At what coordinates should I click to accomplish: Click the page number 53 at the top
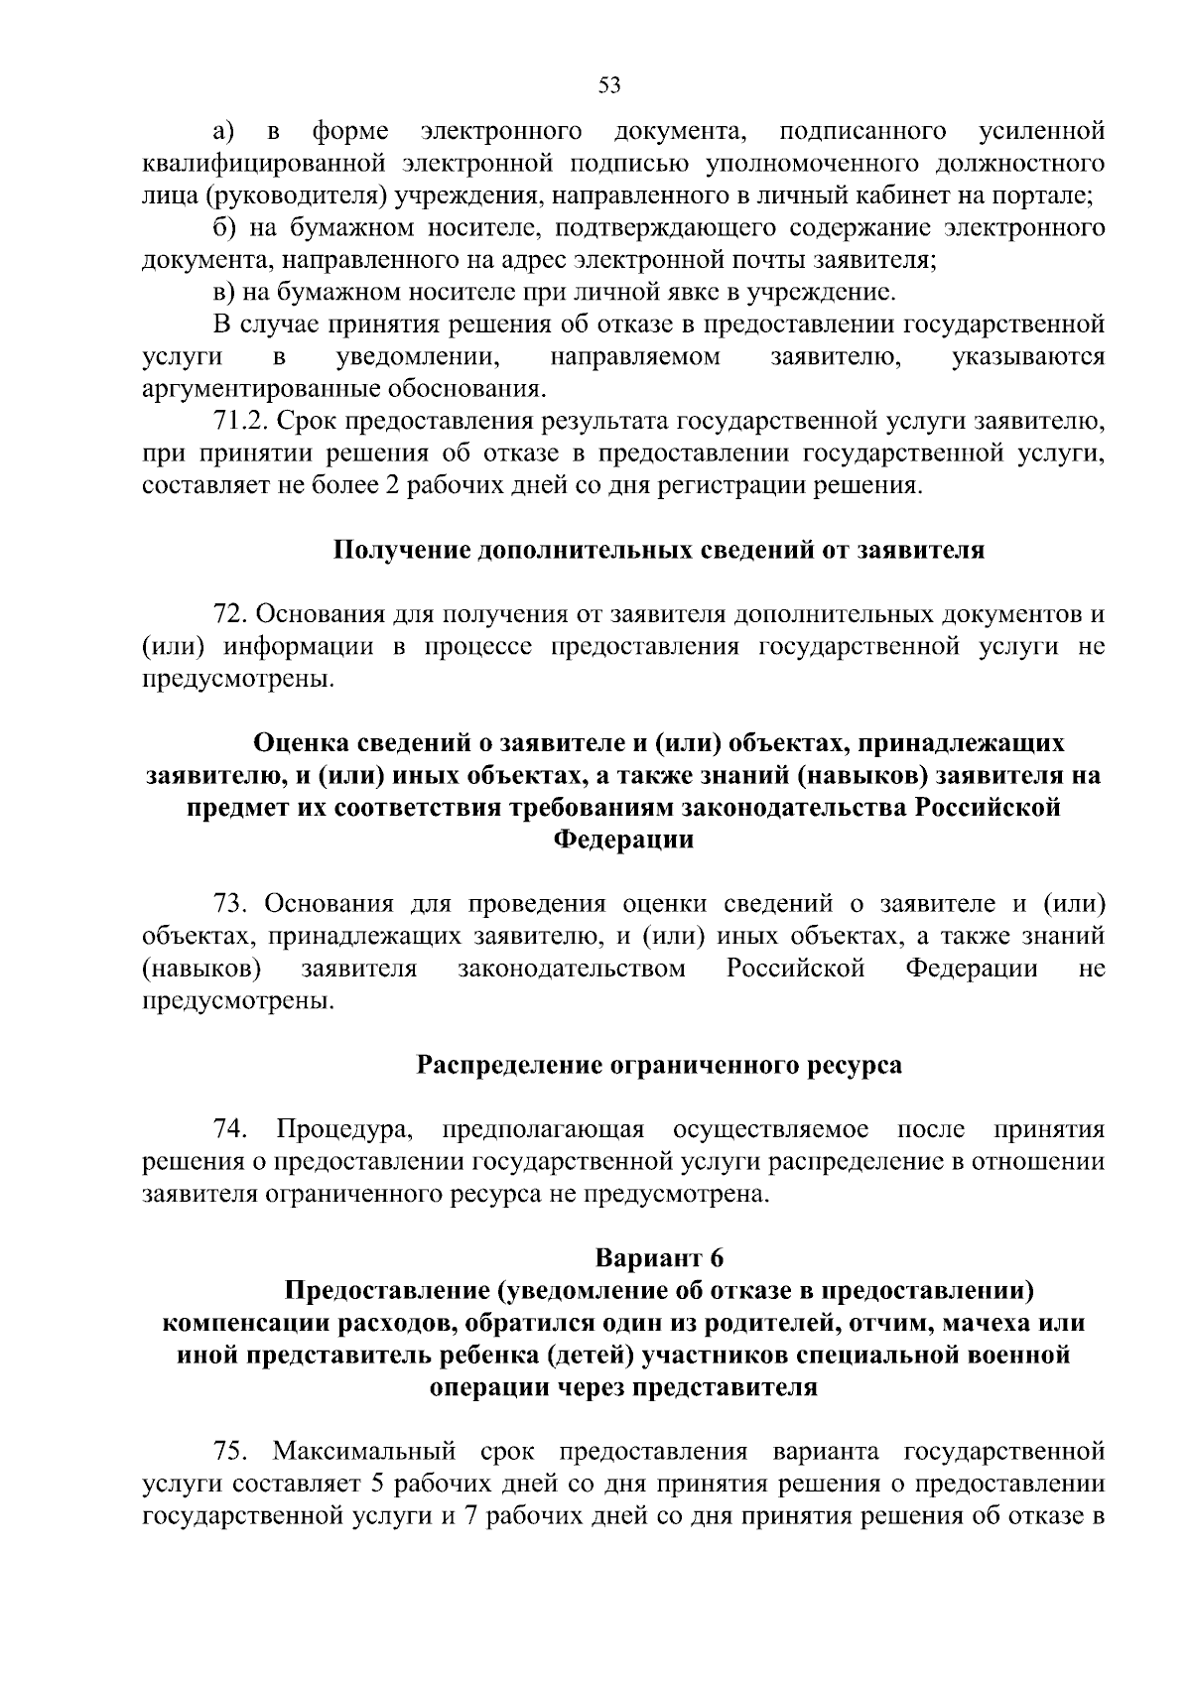tap(609, 85)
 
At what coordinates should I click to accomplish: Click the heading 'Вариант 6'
tap(659, 1258)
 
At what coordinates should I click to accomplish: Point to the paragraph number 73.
tap(234, 905)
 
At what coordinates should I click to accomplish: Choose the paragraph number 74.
tap(231, 1129)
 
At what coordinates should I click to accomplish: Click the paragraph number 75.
tap(231, 1452)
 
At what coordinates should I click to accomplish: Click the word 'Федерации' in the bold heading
tap(622, 840)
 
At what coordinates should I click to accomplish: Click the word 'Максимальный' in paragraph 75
tap(364, 1452)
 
